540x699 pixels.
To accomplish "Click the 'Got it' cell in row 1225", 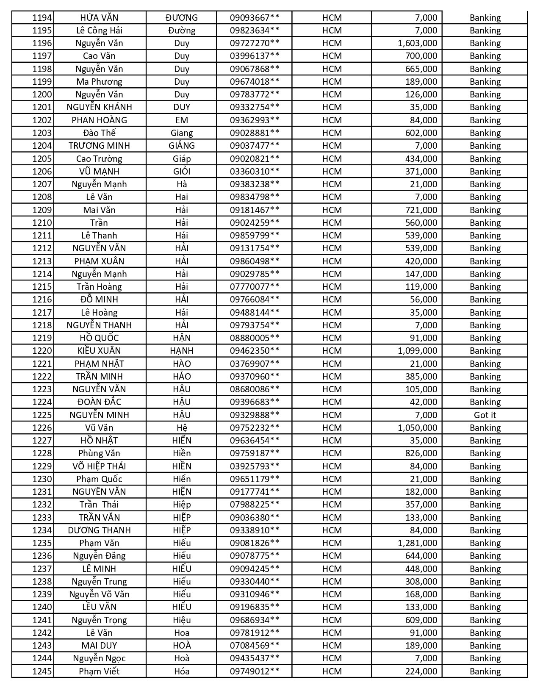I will pos(485,415).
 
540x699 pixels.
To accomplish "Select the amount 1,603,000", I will pos(417,43).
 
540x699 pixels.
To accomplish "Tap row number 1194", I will pos(42,18).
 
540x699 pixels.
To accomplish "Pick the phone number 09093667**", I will pos(255,18).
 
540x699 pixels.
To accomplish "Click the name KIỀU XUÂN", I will pos(99,351).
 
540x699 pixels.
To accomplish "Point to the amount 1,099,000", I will pos(417,351).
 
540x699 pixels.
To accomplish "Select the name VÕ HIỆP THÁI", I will pos(99,466).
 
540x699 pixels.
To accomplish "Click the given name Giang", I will pos(182,133).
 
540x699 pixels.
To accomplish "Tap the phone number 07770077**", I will pos(255,287).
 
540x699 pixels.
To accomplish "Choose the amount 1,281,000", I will pos(417,543).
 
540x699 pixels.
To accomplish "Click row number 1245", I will pos(42,671).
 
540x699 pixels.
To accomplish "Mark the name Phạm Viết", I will pos(99,671).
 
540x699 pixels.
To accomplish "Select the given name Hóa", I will pos(182,671).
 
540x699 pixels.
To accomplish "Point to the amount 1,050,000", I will pos(417,428).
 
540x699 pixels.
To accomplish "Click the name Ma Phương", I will pos(99,82).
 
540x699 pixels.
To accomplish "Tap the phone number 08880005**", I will pos(255,338).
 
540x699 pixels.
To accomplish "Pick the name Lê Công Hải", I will pos(99,31).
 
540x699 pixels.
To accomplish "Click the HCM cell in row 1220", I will pos(332,351).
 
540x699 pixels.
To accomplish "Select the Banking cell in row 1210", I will pos(485,223).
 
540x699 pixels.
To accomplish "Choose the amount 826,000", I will pos(421,453).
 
